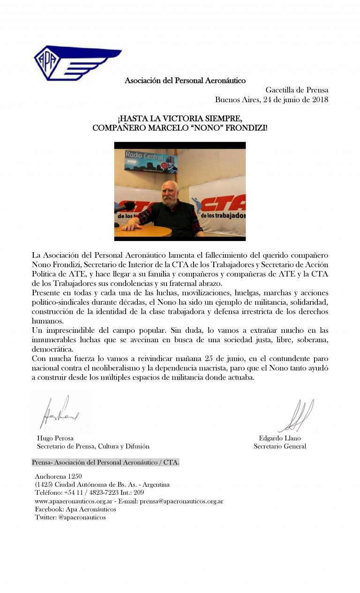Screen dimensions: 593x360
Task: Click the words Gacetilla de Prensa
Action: coord(297,90)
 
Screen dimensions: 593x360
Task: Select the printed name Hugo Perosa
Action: coord(55,438)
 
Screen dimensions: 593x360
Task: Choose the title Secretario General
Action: coord(280,446)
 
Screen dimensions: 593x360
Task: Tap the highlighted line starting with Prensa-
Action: coord(105,463)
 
